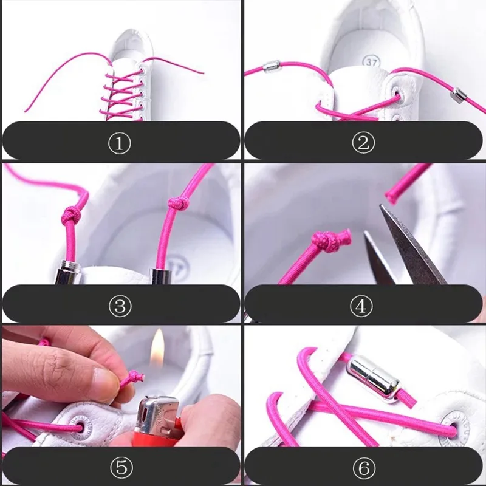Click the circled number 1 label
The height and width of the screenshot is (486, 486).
click(120, 143)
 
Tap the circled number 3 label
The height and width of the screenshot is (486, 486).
click(120, 306)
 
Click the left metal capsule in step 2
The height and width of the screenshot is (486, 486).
click(271, 66)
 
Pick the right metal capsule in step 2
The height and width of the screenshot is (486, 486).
click(459, 95)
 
